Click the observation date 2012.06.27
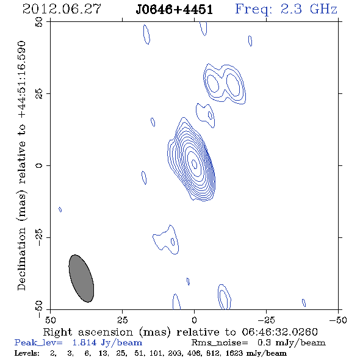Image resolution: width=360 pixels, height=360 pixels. [x=62, y=9]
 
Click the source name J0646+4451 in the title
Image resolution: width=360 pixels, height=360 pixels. [x=174, y=10]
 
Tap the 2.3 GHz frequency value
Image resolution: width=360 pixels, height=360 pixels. [x=309, y=9]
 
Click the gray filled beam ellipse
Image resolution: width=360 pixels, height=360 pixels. [x=81, y=278]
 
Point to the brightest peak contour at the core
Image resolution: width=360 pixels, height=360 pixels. [x=194, y=164]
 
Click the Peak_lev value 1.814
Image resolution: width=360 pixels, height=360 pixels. [x=84, y=342]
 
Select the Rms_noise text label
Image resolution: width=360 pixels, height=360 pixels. [x=220, y=343]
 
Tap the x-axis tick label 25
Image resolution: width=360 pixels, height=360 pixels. [x=122, y=320]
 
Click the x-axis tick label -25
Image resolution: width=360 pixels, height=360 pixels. [x=266, y=320]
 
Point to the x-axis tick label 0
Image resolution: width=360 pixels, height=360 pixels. [x=194, y=320]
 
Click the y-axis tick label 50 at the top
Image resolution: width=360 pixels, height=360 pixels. [x=39, y=22]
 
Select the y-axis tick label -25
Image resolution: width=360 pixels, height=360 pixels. [x=39, y=237]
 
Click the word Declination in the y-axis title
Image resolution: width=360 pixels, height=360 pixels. [x=21, y=259]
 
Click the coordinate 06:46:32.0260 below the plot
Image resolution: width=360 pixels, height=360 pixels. [x=279, y=332]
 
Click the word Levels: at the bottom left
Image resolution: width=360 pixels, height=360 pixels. [x=27, y=353]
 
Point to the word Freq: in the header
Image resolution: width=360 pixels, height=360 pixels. [x=254, y=10]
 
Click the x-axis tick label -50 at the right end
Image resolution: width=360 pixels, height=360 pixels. [x=338, y=320]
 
